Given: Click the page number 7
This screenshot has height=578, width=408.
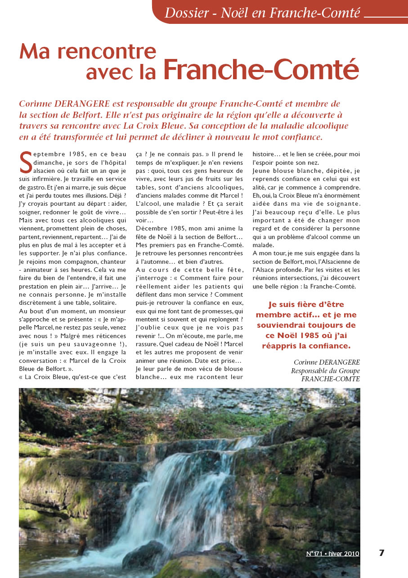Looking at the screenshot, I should [381, 553].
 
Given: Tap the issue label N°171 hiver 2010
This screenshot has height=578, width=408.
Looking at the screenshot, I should [332, 554].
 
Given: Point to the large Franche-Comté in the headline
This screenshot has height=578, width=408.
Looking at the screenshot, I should [261, 70].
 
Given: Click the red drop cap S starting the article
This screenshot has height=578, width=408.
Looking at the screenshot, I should [26, 163].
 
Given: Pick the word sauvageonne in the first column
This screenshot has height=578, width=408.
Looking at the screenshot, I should [81, 351].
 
